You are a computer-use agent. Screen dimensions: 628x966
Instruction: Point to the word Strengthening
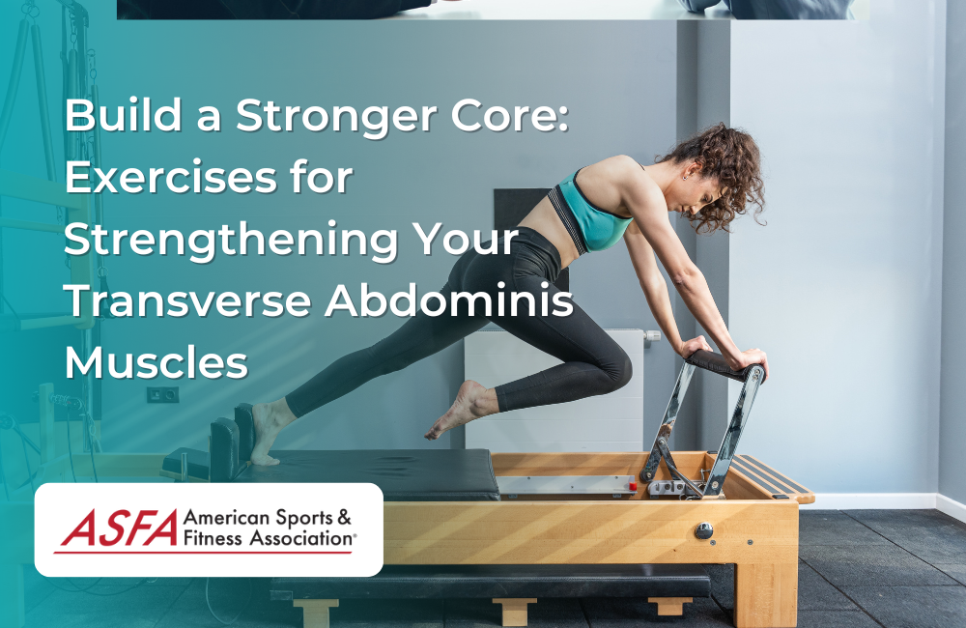point(233,242)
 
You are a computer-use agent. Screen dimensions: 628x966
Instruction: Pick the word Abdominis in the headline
point(449,302)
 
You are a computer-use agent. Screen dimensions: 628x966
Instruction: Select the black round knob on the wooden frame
point(704,529)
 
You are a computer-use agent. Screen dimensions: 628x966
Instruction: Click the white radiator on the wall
point(554,386)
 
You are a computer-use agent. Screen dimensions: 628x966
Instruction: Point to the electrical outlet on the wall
point(162,394)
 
